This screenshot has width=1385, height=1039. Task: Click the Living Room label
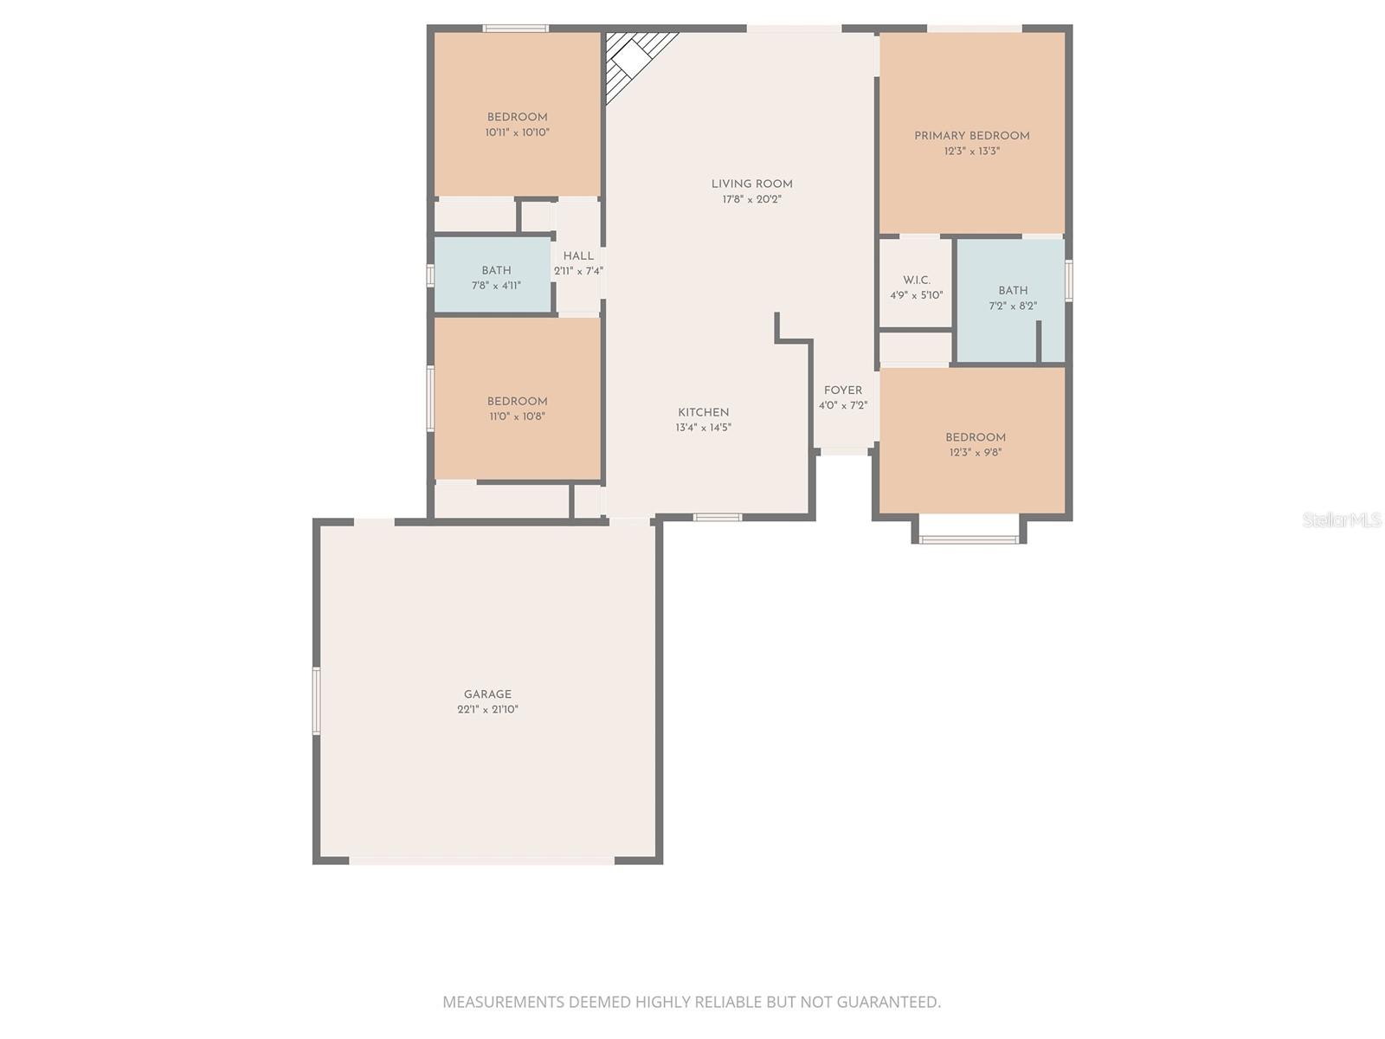tap(751, 184)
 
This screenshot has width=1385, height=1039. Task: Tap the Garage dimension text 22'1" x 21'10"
tap(487, 709)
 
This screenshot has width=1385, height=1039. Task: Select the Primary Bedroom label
tap(971, 136)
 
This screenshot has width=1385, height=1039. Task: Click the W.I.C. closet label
tap(916, 280)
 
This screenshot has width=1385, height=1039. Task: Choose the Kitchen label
tap(703, 412)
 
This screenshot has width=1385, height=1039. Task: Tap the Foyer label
tap(842, 390)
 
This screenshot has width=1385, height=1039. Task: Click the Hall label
tap(578, 255)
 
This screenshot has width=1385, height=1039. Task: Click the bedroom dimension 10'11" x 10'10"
tap(517, 132)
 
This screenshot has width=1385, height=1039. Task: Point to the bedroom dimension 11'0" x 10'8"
tap(517, 416)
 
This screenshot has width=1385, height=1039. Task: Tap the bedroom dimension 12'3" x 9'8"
tap(975, 452)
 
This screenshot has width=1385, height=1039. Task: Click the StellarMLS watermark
tap(1342, 519)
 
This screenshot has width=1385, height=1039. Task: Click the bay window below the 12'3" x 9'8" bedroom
tap(969, 539)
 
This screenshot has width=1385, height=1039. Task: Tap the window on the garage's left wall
tap(317, 700)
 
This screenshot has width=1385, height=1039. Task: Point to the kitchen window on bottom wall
tap(717, 518)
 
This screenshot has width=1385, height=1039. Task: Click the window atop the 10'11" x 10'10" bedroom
tap(515, 29)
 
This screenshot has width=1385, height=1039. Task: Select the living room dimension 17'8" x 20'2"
tap(751, 199)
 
